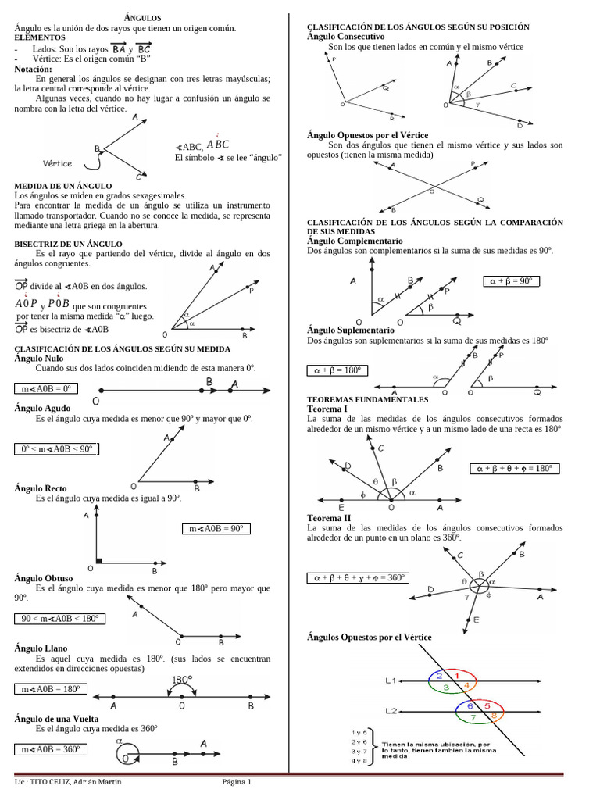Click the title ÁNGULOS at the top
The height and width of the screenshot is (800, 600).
[x=143, y=17]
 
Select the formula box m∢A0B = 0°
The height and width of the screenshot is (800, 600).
[x=46, y=388]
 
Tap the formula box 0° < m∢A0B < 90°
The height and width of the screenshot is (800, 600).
[x=57, y=448]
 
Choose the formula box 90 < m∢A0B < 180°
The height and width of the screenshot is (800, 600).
[x=60, y=619]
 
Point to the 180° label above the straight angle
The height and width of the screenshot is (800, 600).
[x=182, y=680]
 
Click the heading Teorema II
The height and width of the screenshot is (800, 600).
[x=329, y=518]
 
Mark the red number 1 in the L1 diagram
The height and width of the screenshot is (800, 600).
[x=458, y=674]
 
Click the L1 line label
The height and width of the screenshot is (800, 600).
[x=392, y=680]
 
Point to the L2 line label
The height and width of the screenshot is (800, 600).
[x=392, y=711]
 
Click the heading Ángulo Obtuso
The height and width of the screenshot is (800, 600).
[x=42, y=578]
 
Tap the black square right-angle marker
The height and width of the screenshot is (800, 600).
[x=99, y=560]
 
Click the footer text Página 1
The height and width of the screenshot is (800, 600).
[x=237, y=782]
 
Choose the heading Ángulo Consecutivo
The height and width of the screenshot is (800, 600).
[x=346, y=37]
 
